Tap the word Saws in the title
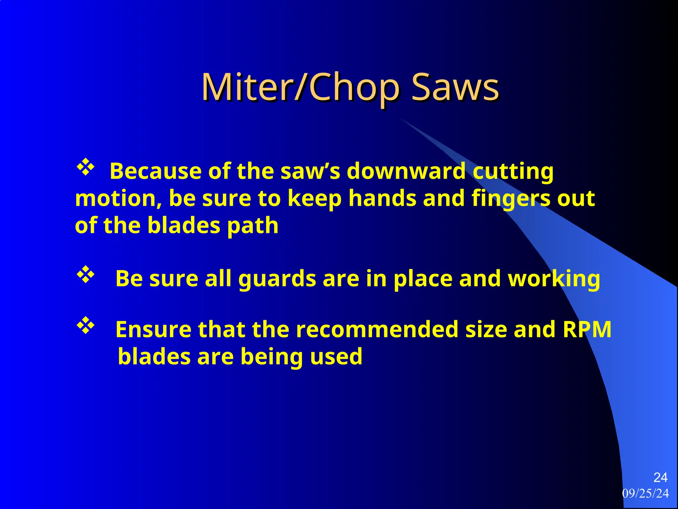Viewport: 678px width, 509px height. (x=455, y=87)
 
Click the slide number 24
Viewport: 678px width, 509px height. (x=660, y=478)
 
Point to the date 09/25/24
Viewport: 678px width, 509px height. (x=645, y=493)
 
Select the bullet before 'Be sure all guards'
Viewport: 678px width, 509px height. (x=86, y=274)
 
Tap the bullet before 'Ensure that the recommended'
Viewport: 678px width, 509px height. (x=86, y=325)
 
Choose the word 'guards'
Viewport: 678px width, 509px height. (x=277, y=279)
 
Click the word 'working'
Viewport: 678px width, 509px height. (x=554, y=279)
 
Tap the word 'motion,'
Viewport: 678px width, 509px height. (x=118, y=199)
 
